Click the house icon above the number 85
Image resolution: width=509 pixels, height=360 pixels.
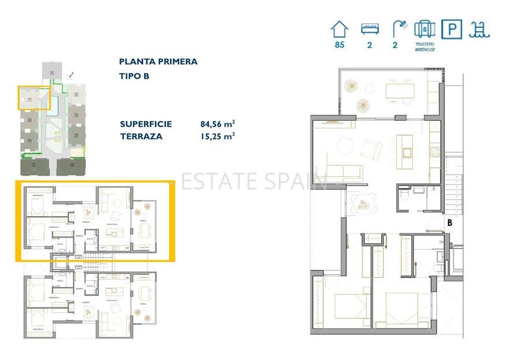pos(340,29)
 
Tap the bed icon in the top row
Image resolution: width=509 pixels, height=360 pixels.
pos(369,29)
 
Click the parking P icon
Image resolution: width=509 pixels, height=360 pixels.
pos(451,29)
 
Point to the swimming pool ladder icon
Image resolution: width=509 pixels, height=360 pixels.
pos(480,29)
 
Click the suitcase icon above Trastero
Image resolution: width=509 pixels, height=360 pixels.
pos(425,28)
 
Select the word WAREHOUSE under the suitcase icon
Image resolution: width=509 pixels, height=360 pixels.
pos(425,50)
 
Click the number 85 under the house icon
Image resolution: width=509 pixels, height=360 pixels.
pos(340,45)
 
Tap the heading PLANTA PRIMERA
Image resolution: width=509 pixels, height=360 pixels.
pos(158,61)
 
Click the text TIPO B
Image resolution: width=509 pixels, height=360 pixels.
pos(134,76)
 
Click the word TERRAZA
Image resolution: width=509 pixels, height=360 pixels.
pos(141,136)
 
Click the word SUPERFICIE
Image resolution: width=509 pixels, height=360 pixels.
pos(146,124)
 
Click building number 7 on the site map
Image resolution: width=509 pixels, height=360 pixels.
pos(29,99)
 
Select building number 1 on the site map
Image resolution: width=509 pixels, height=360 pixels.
pos(34,166)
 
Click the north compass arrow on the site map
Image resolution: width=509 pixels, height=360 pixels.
pos(71,75)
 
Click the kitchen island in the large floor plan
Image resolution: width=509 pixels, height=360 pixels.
pos(406,147)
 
